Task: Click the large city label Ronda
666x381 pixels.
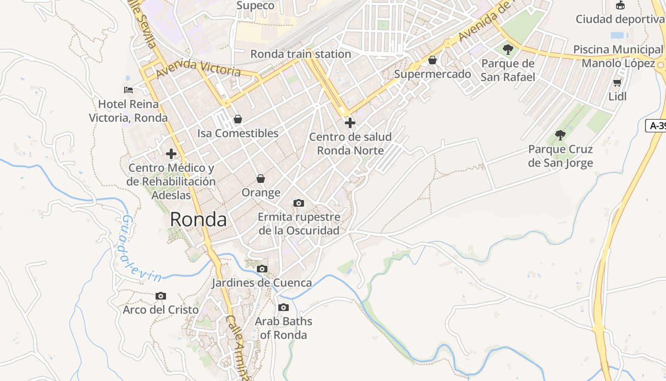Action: click(198, 220)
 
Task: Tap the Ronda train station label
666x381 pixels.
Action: click(301, 54)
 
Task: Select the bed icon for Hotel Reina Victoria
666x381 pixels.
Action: click(128, 90)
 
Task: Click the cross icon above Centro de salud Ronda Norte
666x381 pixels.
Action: click(350, 123)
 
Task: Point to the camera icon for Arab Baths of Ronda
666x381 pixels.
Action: click(284, 307)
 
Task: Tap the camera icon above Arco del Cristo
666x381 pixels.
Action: click(161, 296)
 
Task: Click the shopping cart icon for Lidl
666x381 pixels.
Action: click(617, 83)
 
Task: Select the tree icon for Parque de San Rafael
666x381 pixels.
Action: click(508, 49)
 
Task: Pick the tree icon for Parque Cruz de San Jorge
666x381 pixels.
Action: click(560, 135)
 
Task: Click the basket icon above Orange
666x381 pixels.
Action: click(261, 179)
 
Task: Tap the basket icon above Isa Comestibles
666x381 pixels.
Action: click(237, 119)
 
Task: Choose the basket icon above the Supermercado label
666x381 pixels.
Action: click(432, 60)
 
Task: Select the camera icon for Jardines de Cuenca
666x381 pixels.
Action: click(262, 269)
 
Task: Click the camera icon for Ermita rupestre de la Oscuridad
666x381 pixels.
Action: click(299, 203)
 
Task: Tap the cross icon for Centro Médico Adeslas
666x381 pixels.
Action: click(171, 154)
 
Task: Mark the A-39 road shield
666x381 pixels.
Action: click(656, 126)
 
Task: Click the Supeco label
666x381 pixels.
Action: click(255, 6)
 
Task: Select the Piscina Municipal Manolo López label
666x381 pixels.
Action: click(618, 56)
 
